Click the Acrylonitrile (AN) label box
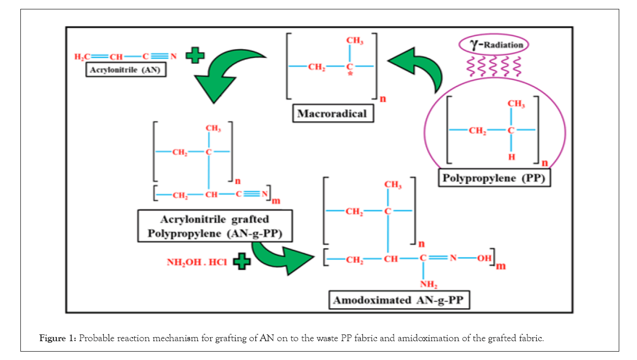pos(125,70)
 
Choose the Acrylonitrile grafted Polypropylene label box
pos(215,226)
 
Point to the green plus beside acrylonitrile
pos(195,55)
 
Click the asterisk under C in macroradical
pos(350,75)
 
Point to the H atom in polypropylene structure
pos(511,157)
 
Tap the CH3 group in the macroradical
pos(355,41)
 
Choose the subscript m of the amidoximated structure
pos(501,266)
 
